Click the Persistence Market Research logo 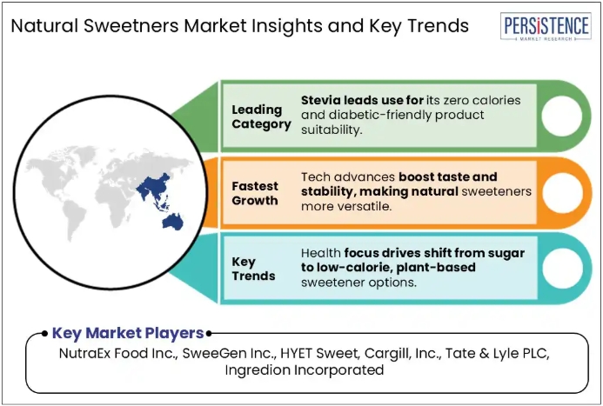coord(546,26)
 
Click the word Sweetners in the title coord(131,26)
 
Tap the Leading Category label coord(262,116)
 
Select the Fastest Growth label coord(255,193)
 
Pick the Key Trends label coord(253,269)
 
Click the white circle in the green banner coord(562,116)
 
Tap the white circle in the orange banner coord(562,193)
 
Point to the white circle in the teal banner coord(562,268)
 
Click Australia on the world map coord(173,222)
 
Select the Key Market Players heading coord(128,333)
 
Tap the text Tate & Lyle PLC coord(498,353)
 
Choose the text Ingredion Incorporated coord(305,369)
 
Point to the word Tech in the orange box coord(314,176)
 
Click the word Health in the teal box coord(321,253)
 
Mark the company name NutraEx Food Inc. coord(118,353)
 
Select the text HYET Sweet coord(320,353)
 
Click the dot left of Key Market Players coord(45,333)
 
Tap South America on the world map coord(73,220)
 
